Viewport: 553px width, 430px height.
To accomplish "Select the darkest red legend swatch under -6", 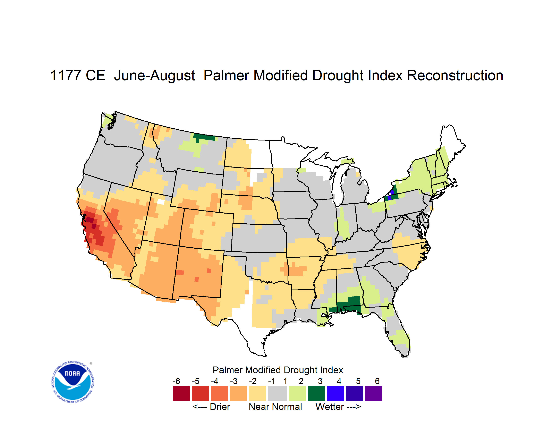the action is (181, 393).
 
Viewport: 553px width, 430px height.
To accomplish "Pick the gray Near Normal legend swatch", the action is (278, 393).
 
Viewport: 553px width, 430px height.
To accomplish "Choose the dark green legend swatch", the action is (316, 393).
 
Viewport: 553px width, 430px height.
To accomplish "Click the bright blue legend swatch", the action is (336, 393).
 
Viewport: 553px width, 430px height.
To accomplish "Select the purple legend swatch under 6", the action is (374, 393).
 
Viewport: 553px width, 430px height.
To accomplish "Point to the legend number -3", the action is (234, 381).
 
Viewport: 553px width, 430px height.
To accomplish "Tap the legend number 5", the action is (358, 381).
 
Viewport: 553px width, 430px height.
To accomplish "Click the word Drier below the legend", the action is (220, 407).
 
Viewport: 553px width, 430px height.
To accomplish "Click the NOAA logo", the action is (73, 382).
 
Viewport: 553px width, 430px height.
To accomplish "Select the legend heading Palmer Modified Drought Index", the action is (278, 370).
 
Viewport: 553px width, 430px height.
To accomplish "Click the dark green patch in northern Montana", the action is (204, 137).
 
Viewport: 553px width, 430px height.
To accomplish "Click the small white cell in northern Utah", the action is (161, 202).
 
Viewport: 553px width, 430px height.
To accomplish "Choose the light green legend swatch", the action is (298, 393).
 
